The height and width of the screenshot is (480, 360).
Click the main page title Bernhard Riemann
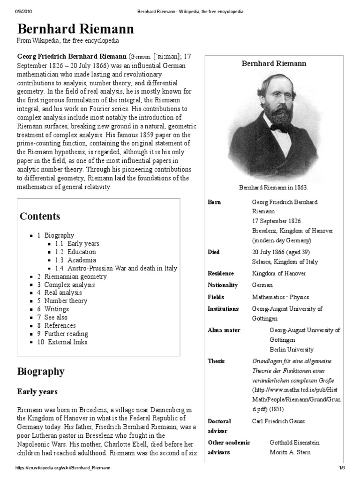click(75, 30)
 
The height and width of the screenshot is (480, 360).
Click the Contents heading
click(40, 216)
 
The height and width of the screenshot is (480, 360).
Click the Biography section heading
click(41, 372)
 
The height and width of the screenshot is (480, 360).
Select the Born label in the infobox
click(214, 202)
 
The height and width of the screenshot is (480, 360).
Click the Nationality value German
click(262, 285)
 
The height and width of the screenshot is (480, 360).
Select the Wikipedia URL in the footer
click(63, 468)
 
